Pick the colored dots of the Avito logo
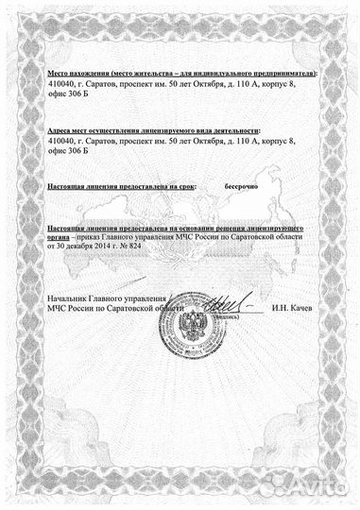point(275,486)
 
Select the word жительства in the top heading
point(141,73)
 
